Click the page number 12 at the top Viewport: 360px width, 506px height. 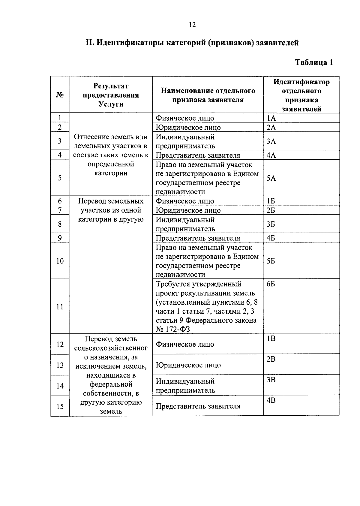[x=192, y=25]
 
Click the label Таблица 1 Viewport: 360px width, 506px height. [x=314, y=62]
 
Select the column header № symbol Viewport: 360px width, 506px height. [x=60, y=95]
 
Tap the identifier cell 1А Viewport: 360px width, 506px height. [x=271, y=118]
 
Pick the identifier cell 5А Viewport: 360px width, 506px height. [x=271, y=178]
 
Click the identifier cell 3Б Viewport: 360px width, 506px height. [x=271, y=224]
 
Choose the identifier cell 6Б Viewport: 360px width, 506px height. [x=271, y=284]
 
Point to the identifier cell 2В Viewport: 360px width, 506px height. [x=271, y=359]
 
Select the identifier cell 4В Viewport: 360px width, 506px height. [x=271, y=400]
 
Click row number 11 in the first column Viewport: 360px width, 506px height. [x=60, y=307]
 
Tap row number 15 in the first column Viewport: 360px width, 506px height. [x=60, y=406]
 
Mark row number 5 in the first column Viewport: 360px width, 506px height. [x=60, y=178]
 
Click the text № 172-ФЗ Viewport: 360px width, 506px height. [x=173, y=330]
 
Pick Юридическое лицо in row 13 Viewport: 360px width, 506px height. [x=188, y=365]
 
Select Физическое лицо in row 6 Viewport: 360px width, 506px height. [x=185, y=201]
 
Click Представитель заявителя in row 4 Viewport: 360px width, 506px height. [x=198, y=155]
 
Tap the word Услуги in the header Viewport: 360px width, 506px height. [x=111, y=104]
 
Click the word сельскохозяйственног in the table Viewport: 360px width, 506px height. [x=111, y=348]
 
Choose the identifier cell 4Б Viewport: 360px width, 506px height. [x=271, y=238]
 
